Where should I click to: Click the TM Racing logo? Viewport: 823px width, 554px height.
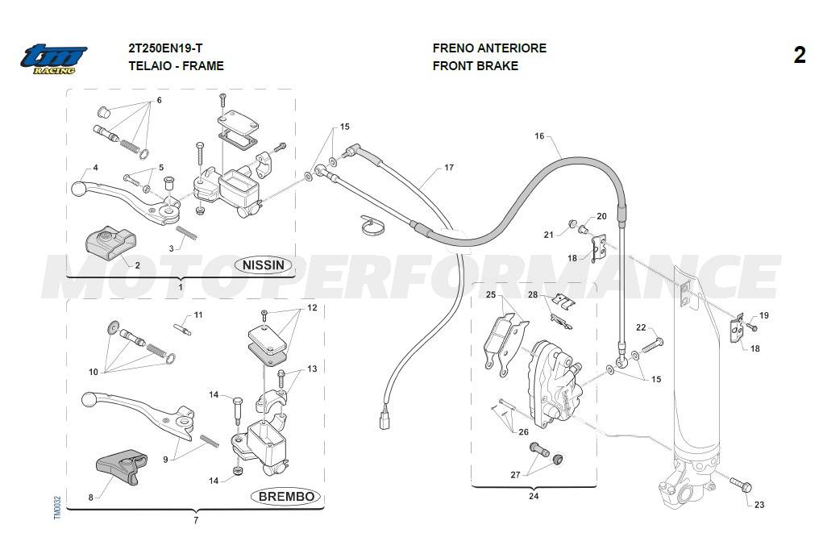tap(53, 59)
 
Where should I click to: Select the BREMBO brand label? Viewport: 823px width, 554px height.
tap(286, 496)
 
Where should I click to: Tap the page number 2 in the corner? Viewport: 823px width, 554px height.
tap(799, 55)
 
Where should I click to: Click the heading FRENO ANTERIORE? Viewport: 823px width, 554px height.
tap(489, 48)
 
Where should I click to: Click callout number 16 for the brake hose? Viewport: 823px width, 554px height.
tap(539, 136)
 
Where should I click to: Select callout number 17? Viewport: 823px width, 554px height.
tap(449, 168)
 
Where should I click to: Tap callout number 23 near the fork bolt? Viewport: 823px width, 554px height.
tap(759, 505)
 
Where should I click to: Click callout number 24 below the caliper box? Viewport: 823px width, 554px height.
tap(534, 496)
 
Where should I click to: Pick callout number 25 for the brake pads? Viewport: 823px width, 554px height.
tap(490, 295)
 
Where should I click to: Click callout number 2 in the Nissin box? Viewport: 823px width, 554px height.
tap(137, 265)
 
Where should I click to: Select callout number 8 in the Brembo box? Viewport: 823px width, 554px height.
tap(91, 497)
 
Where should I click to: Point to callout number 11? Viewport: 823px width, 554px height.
tap(198, 314)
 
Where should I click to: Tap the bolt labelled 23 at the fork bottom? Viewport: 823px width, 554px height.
tap(740, 485)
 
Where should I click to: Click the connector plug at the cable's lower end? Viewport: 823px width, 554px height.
tap(384, 422)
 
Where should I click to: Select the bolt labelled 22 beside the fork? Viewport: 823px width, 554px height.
tap(653, 344)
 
